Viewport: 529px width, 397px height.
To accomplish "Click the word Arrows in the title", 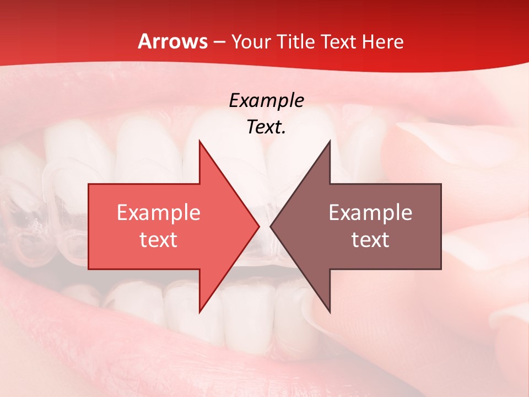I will (173, 41).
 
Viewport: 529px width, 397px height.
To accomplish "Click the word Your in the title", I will (250, 42).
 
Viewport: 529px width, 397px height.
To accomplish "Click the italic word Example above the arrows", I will (266, 100).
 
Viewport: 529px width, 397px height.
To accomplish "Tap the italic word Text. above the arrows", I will (266, 127).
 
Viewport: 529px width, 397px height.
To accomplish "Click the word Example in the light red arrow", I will (158, 212).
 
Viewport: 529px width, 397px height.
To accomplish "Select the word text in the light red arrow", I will (158, 239).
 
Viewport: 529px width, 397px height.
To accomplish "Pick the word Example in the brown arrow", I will (370, 212).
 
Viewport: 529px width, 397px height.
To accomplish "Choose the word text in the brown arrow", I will (370, 239).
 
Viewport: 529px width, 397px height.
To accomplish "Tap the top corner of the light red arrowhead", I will (199, 142).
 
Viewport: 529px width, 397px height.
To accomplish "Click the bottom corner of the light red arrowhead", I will (199, 312).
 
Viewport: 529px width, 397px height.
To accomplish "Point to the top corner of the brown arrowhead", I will (330, 142).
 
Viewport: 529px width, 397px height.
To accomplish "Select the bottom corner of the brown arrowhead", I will (330, 312).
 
